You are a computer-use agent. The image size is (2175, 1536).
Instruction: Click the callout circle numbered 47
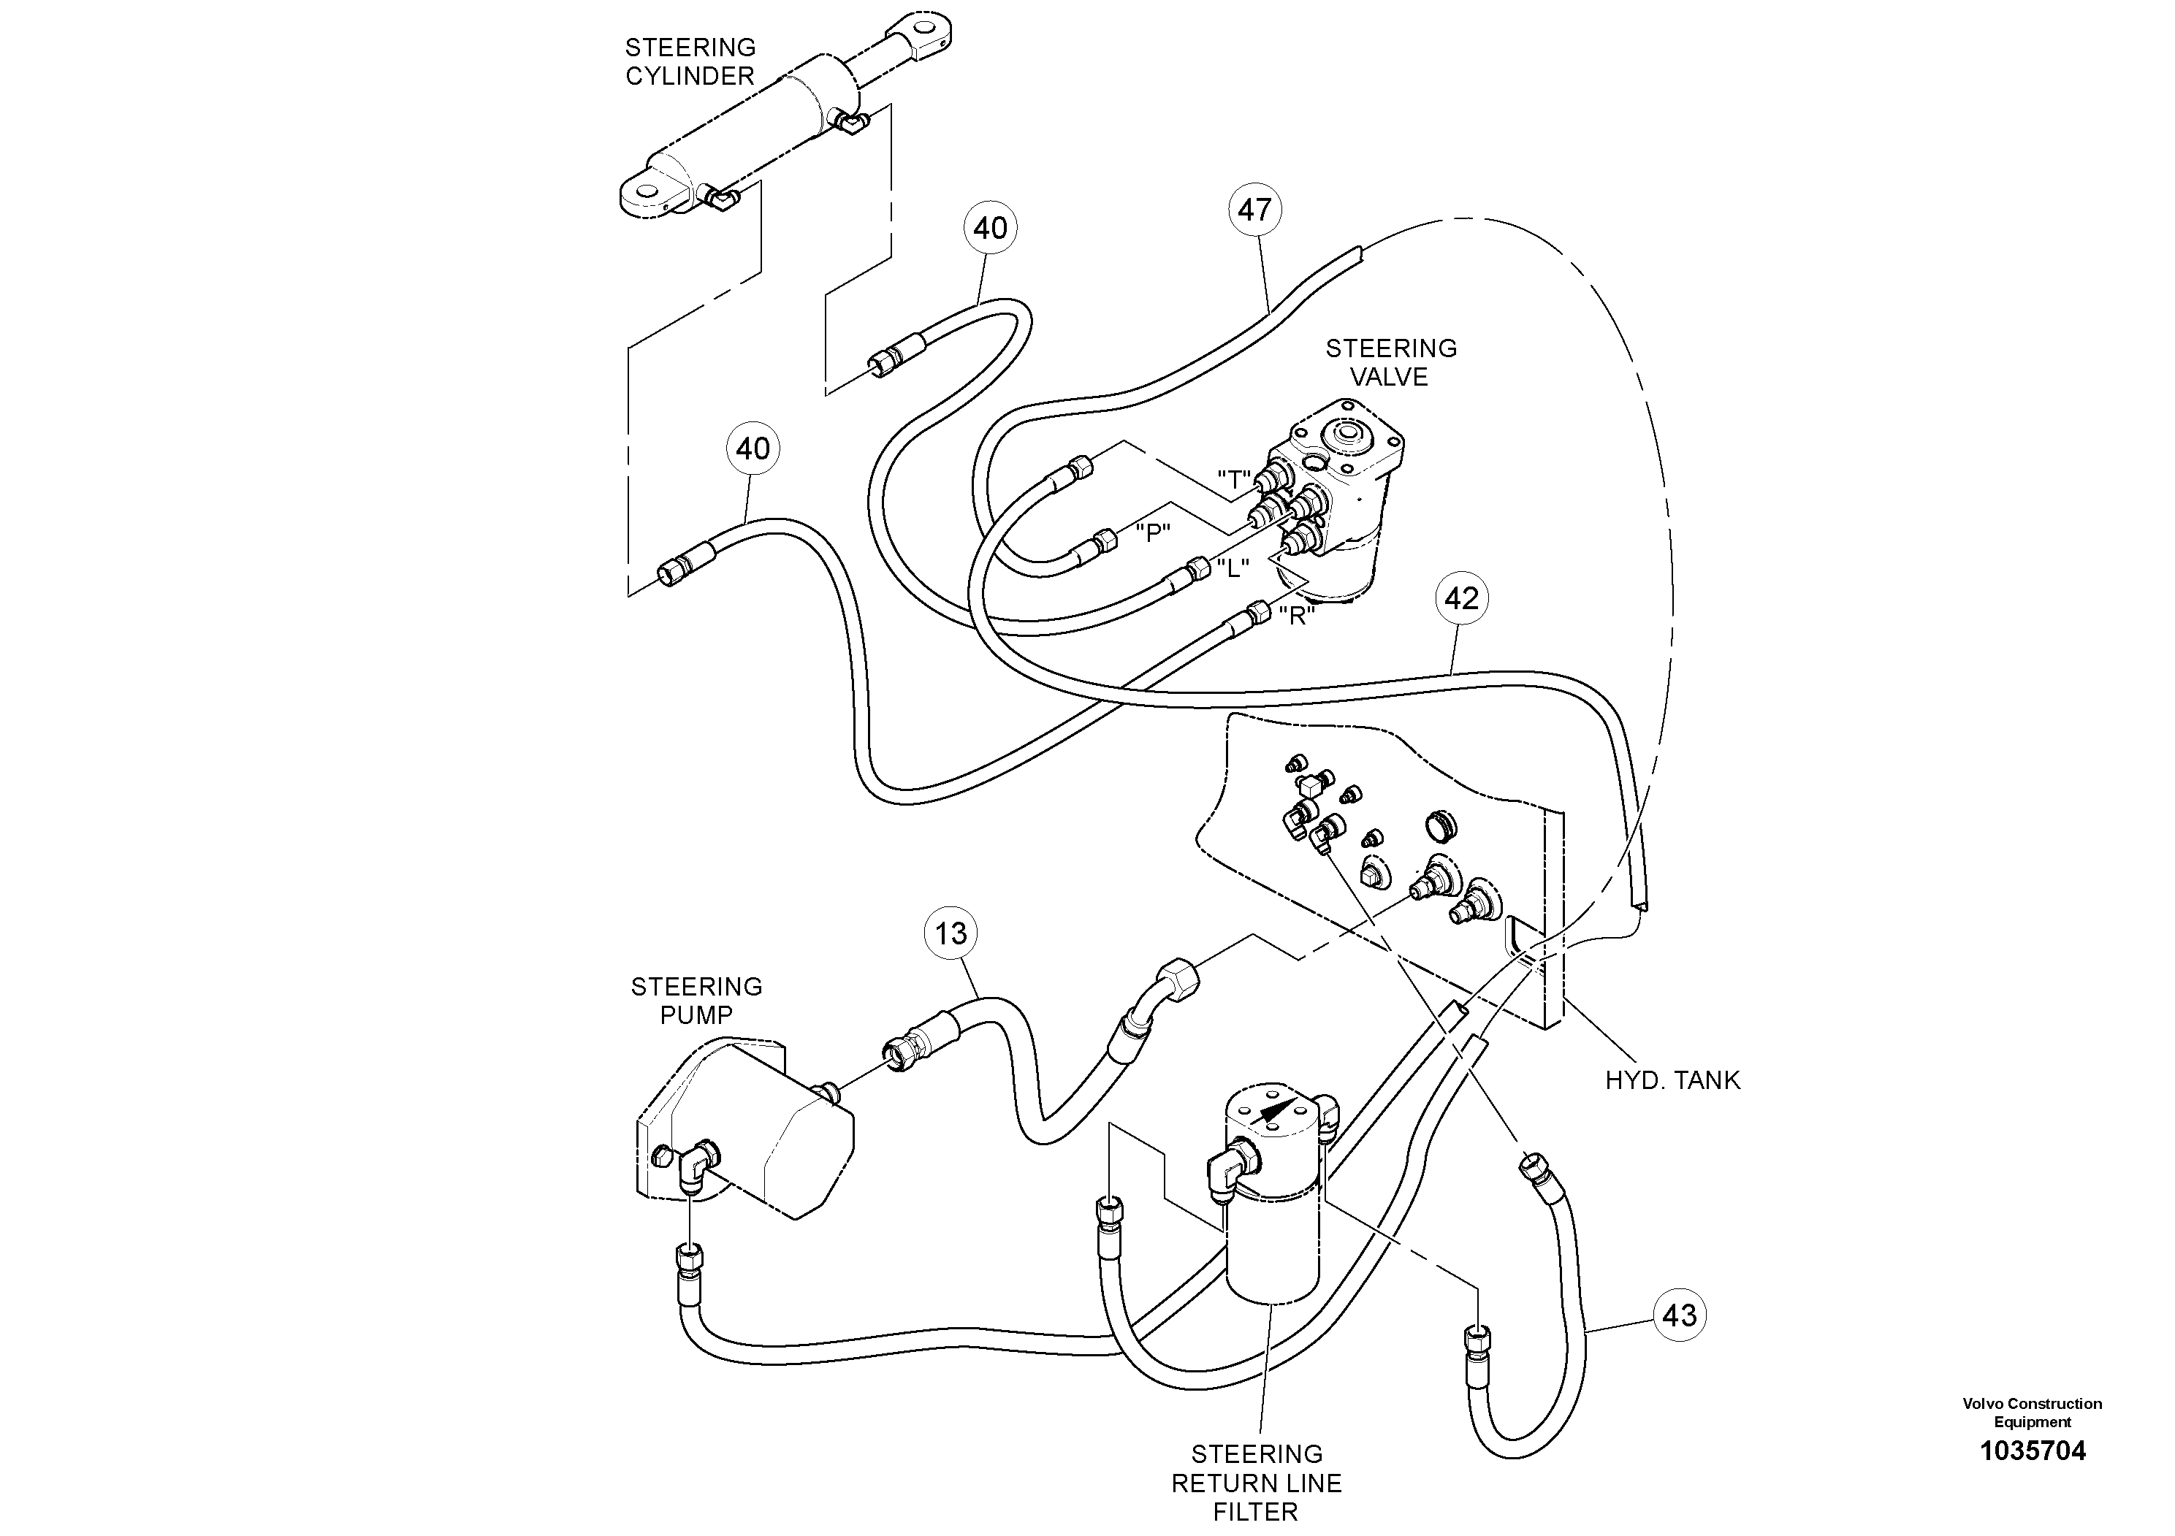click(x=1254, y=210)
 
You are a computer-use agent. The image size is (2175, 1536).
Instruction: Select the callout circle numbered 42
click(x=1462, y=597)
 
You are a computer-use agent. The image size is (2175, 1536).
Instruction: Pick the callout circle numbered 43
click(x=1679, y=1315)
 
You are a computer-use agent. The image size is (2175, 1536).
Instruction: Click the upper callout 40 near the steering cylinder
click(x=990, y=228)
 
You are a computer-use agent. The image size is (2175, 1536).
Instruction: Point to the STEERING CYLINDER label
click(x=690, y=61)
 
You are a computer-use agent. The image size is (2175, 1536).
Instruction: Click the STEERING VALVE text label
click(x=1390, y=363)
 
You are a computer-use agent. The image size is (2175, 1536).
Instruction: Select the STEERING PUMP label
click(x=696, y=1000)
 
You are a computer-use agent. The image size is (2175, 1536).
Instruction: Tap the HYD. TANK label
click(x=1672, y=1080)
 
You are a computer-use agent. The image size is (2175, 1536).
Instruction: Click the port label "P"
click(x=1152, y=533)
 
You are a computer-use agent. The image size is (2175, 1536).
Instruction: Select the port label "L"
click(x=1233, y=568)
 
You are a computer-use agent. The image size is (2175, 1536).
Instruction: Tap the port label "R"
click(x=1296, y=616)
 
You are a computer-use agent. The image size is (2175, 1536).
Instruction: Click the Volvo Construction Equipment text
click(x=2032, y=1412)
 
